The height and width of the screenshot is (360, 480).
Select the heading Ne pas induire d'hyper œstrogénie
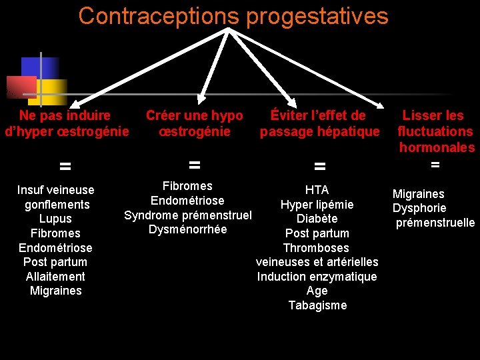[x=66, y=123]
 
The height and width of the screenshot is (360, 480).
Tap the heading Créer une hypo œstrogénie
[x=195, y=123]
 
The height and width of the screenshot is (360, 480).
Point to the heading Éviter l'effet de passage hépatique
[x=319, y=123]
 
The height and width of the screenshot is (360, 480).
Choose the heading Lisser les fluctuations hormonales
[x=435, y=131]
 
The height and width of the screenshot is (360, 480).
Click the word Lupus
[x=55, y=219]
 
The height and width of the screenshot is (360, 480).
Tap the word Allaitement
[x=55, y=277]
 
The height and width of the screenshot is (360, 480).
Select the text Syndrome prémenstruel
[x=188, y=215]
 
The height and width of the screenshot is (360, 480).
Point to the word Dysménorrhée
[x=188, y=229]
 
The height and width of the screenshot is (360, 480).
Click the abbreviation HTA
[x=317, y=190]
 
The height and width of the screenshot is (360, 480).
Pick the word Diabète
[x=317, y=219]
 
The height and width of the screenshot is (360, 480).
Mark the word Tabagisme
[x=317, y=305]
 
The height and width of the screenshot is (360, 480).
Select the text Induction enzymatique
[x=317, y=277]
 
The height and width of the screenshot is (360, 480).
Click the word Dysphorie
[x=419, y=208]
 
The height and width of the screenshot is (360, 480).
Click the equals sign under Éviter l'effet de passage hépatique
[x=320, y=165]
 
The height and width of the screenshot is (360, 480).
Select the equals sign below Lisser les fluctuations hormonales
[x=435, y=164]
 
